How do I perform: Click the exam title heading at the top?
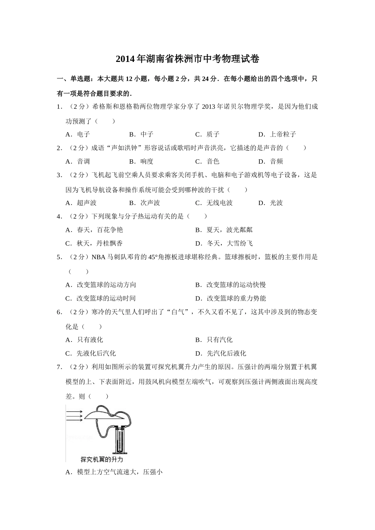pos(187,59)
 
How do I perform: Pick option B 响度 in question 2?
pos(141,161)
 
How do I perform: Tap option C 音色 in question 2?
pos(207,161)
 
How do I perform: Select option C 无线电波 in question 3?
pos(214,203)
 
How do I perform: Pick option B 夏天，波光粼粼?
pos(224,230)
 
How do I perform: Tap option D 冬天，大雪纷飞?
pos(224,243)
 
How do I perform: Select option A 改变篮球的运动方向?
pos(101,285)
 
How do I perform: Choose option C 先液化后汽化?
pos(91,353)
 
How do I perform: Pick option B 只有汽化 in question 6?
pos(214,340)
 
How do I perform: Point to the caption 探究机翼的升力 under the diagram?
pos(102,459)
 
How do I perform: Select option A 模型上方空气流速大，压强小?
pos(114,472)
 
